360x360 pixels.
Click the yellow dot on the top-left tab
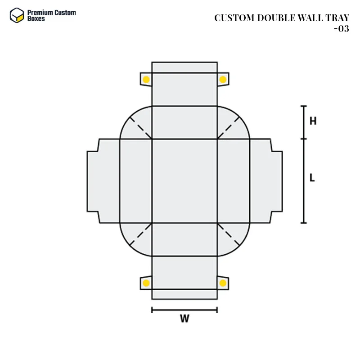click(146, 80)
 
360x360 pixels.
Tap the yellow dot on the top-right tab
click(223, 80)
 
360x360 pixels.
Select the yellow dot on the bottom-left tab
click(146, 283)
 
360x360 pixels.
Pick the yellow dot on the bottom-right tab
click(223, 283)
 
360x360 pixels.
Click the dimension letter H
click(313, 121)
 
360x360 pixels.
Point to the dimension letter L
click(312, 178)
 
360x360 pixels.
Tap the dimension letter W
click(184, 319)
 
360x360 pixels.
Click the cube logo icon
click(17, 15)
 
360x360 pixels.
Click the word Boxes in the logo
click(36, 18)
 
